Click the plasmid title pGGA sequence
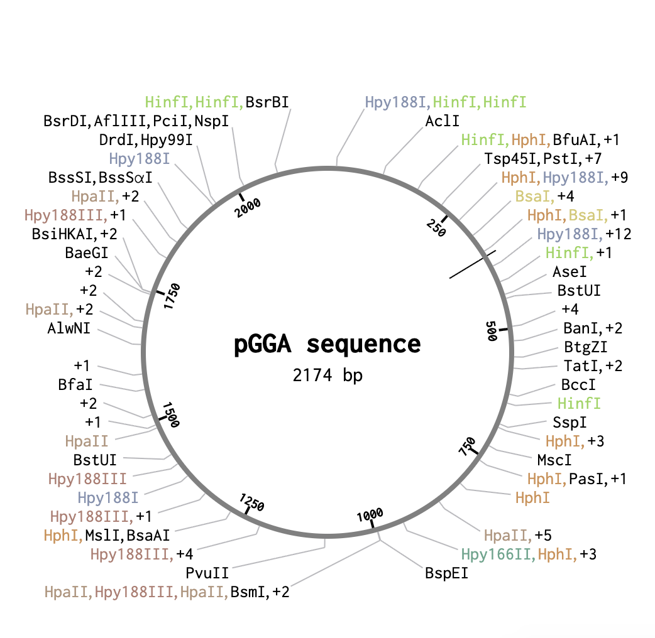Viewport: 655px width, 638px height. coord(327,345)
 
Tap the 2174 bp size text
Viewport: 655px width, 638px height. coord(327,375)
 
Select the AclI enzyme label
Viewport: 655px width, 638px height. coord(442,121)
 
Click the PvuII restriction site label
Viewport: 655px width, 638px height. coord(207,573)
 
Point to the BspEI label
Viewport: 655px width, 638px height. coord(446,573)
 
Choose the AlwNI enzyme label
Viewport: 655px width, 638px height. coord(69,328)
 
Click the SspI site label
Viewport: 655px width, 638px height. coord(570,422)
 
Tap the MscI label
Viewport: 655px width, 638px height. coord(554,460)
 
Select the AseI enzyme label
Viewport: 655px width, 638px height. coord(570,272)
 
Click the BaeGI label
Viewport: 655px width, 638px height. coord(87,252)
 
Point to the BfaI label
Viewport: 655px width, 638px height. coord(75,384)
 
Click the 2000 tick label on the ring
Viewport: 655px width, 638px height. coord(247,208)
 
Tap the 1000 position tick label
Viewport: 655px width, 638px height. coord(370,516)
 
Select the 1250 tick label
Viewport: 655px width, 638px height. coord(252,502)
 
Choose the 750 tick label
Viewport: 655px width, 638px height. coord(467,446)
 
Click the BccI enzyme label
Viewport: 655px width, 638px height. coord(578,384)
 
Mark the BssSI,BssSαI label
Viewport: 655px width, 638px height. coord(100,177)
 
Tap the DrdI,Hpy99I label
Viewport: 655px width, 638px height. coord(146,140)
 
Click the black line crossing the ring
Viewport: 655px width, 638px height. coord(473,264)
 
